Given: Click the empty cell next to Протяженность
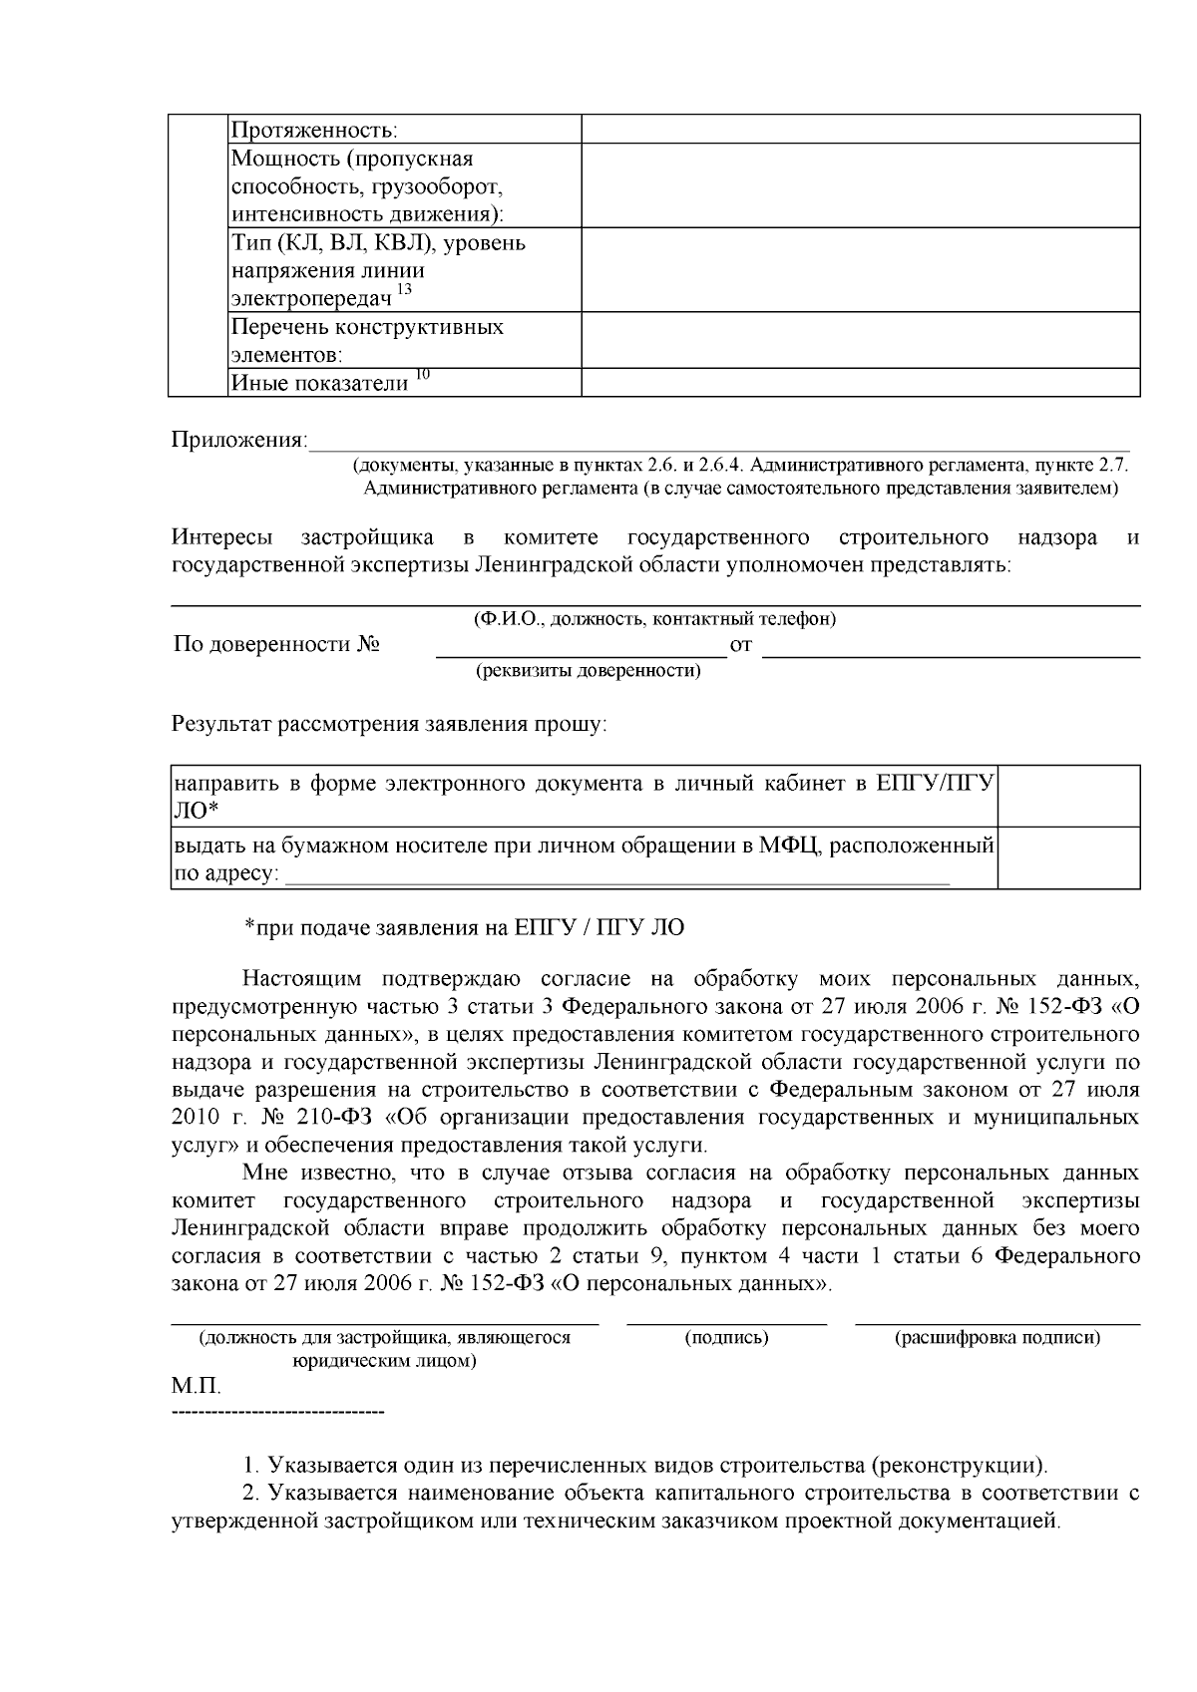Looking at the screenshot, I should (x=860, y=129).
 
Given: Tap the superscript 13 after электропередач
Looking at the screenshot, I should (x=404, y=290).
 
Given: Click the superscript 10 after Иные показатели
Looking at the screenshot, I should (x=423, y=375).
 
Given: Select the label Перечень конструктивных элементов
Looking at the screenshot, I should (x=367, y=340).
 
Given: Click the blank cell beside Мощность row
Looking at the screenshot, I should (x=860, y=185).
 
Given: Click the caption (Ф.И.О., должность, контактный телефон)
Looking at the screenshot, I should (x=654, y=619).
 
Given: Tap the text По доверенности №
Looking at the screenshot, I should (x=276, y=644).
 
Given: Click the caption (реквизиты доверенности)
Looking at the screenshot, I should (x=588, y=670).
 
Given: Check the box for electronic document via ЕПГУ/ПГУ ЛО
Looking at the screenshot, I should (x=1069, y=796).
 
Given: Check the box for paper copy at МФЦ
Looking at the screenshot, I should (x=1069, y=857).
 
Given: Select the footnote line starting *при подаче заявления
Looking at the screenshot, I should (x=465, y=927).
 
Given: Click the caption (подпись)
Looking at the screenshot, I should (x=726, y=1338).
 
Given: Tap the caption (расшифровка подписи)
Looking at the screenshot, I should (x=997, y=1338).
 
